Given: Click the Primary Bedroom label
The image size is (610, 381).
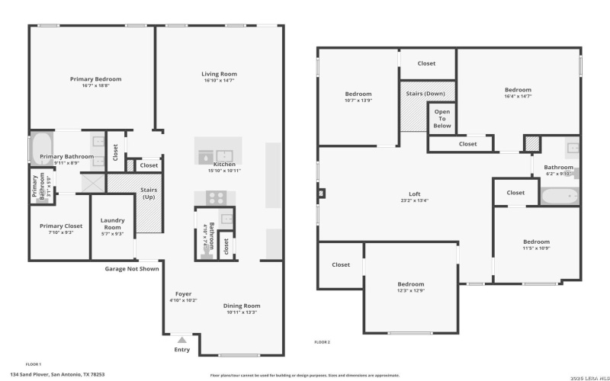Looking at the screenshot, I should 95,78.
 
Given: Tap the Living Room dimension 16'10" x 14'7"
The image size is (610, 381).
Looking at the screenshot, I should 220,81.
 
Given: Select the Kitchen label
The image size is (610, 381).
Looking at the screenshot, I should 224,164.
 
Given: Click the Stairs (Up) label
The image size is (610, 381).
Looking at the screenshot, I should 149,194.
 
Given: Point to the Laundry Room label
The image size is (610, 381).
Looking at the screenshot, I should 112,224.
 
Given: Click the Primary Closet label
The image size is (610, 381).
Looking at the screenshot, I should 61,226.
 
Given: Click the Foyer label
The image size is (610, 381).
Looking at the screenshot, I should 183,293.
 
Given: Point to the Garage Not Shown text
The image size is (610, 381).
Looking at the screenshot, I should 132,268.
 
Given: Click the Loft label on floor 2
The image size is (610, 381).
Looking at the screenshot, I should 414,194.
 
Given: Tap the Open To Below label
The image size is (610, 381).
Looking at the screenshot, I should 442,118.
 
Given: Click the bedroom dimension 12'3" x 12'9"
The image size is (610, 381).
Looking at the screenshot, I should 410,290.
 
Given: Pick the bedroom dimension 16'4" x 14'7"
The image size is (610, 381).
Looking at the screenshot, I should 518,97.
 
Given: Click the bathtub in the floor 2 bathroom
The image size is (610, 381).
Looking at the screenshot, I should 560,196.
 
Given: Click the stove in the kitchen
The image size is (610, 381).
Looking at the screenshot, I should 213,197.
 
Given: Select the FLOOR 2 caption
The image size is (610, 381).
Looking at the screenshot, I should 322,342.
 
